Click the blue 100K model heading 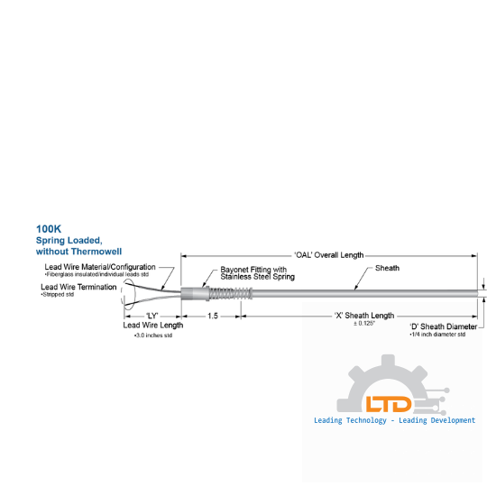[49, 229]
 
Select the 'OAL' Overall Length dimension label [329, 255]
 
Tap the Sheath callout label [387, 268]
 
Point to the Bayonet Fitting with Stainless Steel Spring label [257, 273]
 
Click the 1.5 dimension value [213, 316]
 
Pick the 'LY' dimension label [152, 316]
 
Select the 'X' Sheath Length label [364, 316]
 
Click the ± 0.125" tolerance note [364, 324]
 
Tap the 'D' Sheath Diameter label [444, 326]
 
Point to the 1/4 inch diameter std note [437, 335]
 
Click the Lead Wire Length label [153, 326]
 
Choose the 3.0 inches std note [153, 335]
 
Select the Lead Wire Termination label [78, 287]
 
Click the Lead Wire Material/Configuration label [100, 267]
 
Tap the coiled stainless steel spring [230, 293]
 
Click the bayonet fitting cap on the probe [195, 293]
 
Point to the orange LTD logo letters [389, 404]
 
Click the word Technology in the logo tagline [366, 420]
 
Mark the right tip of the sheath [478, 293]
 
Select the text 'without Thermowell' [78, 252]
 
